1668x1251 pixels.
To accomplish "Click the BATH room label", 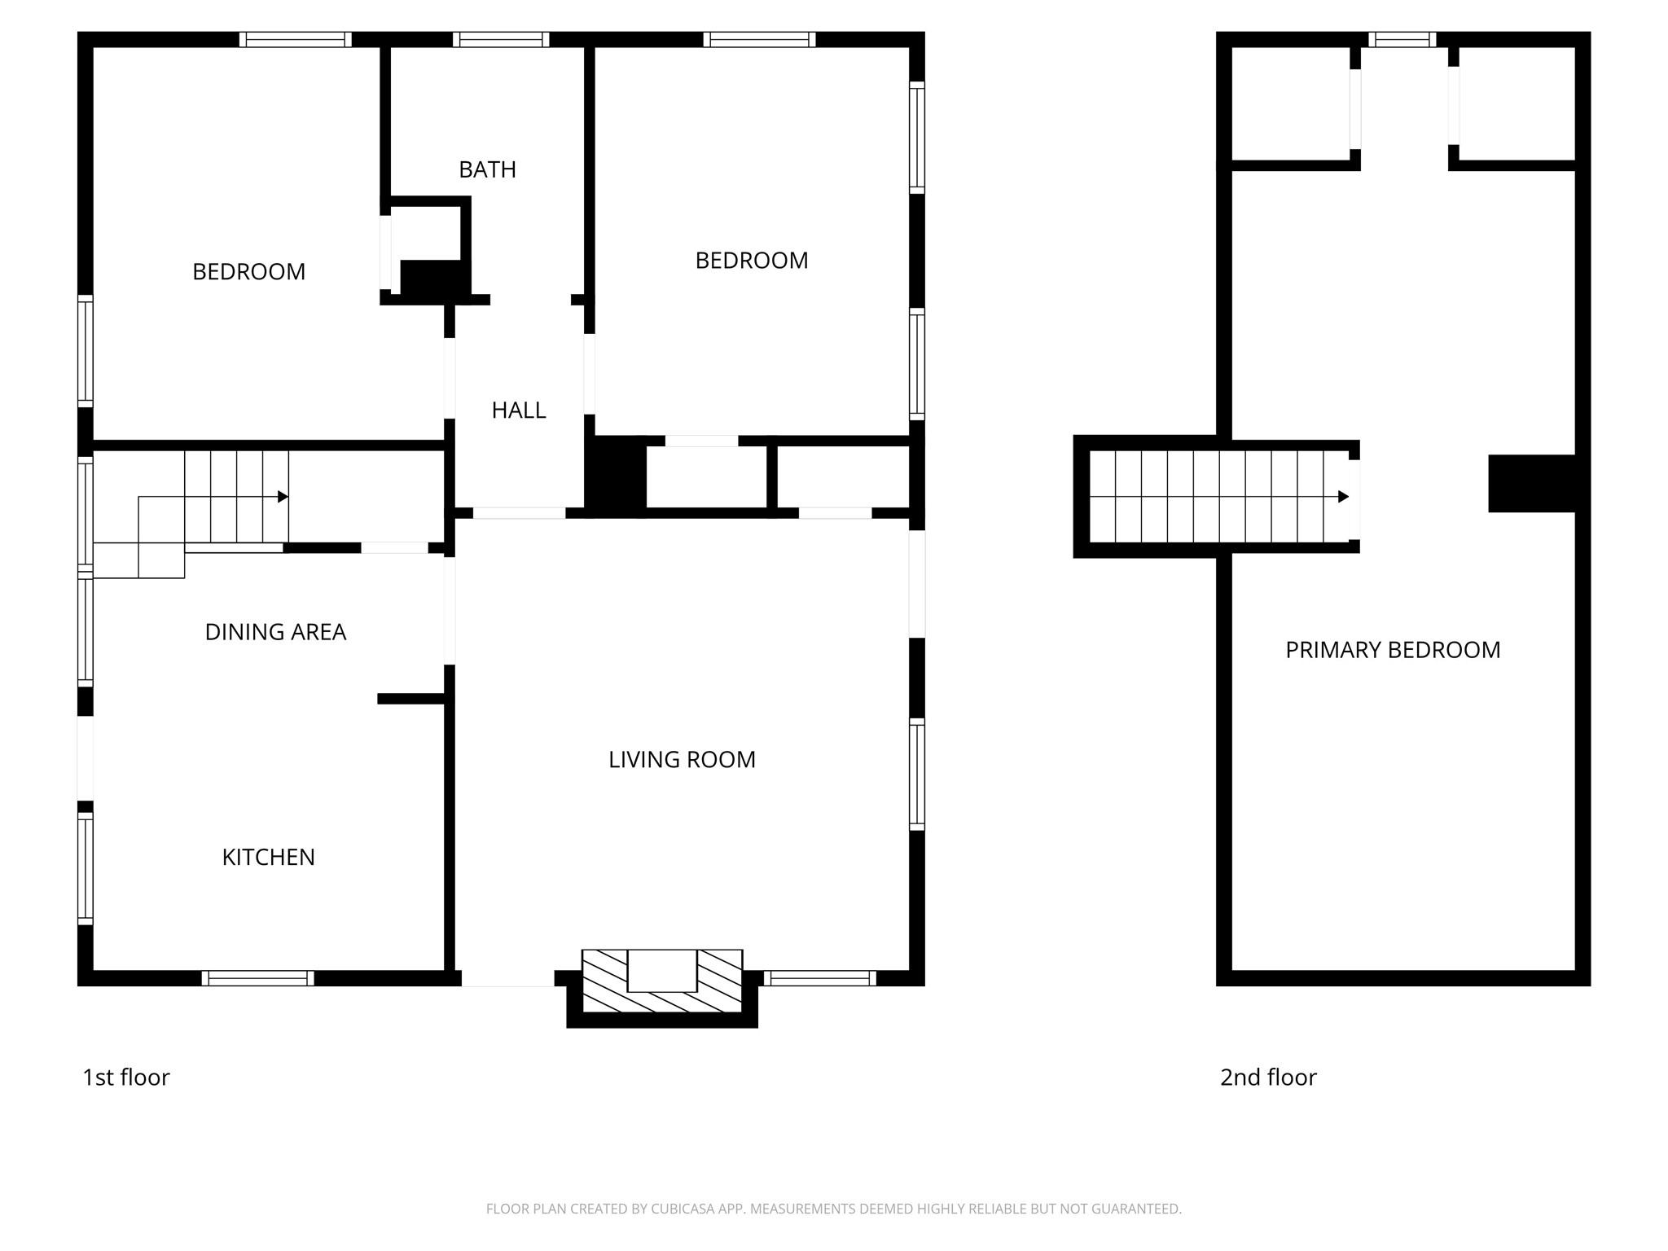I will tap(487, 169).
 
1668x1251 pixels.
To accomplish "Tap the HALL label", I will tap(518, 410).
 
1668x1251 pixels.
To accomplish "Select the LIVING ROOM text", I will tap(682, 760).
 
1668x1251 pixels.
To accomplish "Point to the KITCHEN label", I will tap(268, 858).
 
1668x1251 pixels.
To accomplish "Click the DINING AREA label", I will tap(275, 632).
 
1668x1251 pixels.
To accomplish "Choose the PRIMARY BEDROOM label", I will tap(1393, 650).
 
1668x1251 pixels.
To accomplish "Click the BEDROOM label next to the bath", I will tap(248, 272).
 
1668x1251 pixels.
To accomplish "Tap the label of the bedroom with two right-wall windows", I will tap(751, 261).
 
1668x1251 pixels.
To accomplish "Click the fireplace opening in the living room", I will tap(661, 971).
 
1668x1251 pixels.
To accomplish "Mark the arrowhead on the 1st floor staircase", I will tap(283, 497).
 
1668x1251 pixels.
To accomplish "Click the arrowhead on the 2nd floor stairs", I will tap(1343, 497).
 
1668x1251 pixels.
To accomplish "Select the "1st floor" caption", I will tap(126, 1078).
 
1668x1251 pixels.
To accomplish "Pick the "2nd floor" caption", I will tap(1268, 1078).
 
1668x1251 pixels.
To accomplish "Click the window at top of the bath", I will tap(501, 40).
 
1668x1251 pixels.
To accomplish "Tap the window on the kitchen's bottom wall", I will tap(257, 978).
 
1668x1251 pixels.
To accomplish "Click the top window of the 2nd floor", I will tap(1402, 40).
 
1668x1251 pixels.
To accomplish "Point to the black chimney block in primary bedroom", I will tap(1532, 484).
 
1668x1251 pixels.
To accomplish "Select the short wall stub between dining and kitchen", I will tap(410, 699).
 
